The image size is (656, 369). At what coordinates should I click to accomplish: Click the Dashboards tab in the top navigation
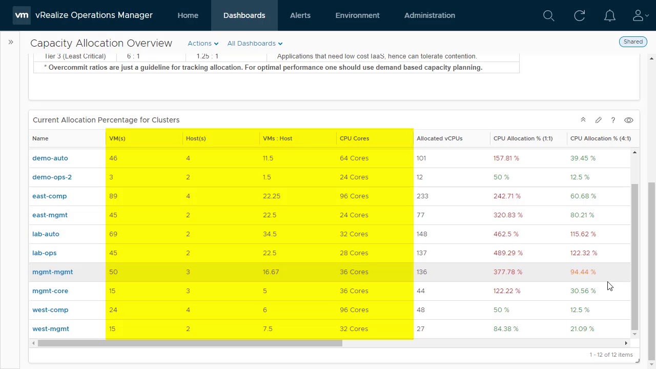(244, 15)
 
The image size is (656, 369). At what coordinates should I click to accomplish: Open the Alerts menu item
(300, 15)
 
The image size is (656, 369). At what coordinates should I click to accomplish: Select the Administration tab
(429, 15)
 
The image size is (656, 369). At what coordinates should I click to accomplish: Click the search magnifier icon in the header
(549, 16)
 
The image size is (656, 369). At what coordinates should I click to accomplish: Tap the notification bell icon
(610, 16)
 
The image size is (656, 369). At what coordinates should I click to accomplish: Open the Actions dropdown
(203, 44)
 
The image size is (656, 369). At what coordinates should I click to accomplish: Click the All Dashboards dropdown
(255, 44)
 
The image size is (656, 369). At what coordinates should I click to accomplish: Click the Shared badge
(633, 42)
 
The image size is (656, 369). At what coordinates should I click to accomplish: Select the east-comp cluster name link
(50, 196)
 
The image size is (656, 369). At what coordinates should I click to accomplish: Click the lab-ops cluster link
(45, 253)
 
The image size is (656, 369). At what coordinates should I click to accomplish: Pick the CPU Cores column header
(354, 138)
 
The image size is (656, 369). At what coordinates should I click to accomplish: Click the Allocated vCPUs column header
(439, 138)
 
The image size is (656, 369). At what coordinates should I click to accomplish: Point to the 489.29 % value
(508, 253)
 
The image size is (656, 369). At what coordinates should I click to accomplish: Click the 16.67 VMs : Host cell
(271, 272)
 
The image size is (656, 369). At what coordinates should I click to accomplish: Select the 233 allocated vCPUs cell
(422, 196)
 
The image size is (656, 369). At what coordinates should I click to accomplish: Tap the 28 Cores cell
(354, 253)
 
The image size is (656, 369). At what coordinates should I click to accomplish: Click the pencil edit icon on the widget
(598, 120)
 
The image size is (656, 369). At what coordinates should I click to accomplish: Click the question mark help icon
(613, 120)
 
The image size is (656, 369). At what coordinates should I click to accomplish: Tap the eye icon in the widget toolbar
(629, 120)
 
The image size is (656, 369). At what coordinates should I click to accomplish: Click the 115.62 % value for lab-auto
(583, 234)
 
